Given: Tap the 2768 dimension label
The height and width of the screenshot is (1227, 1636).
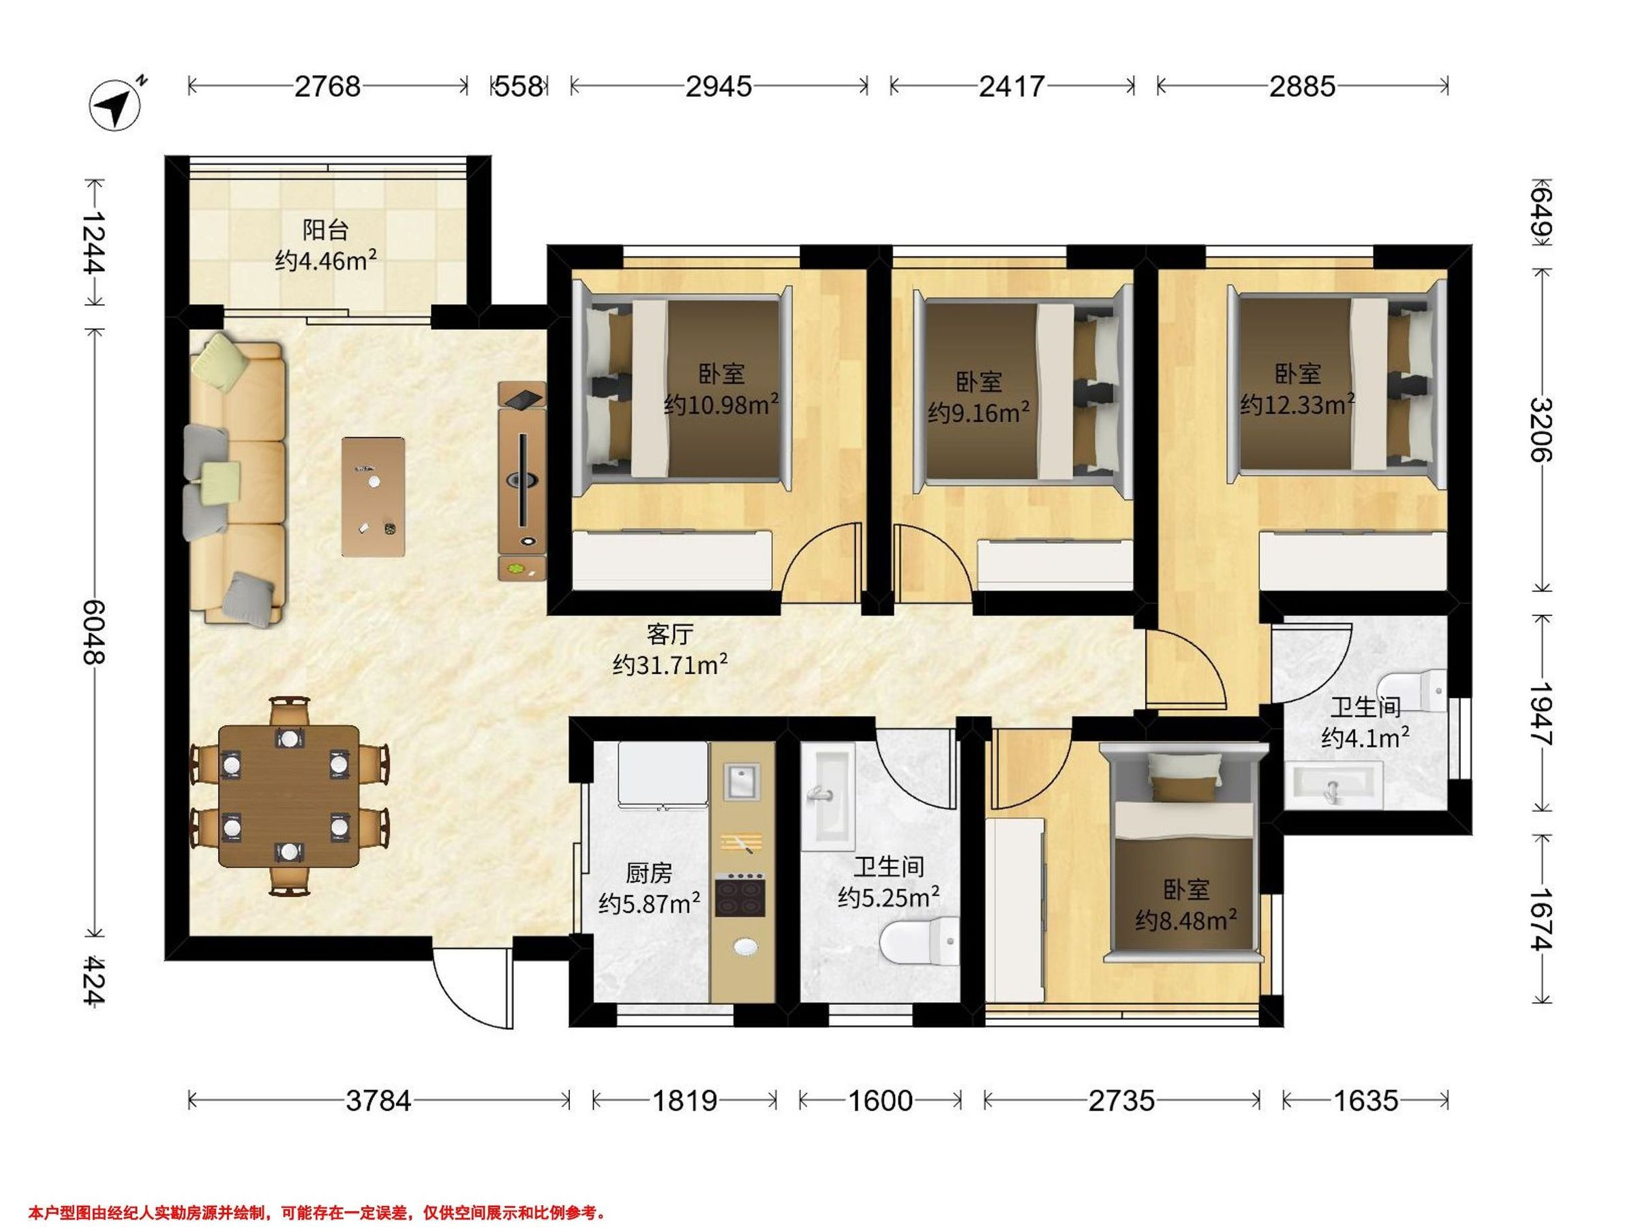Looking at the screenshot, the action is pos(328,87).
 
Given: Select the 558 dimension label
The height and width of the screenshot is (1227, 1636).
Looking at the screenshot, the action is pos(519,87).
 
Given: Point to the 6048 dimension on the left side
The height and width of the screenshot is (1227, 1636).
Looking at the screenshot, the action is pos(94,632).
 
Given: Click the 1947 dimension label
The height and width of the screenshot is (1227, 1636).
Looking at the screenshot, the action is pos(1541,714).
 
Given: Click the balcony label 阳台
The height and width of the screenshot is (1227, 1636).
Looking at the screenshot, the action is pos(325,230).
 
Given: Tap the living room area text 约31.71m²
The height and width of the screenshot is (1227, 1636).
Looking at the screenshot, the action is pos(670,665).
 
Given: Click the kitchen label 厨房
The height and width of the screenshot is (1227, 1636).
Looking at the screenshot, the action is pos(649,873).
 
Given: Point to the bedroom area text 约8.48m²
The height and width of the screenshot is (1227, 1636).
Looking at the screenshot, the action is pos(1186,920).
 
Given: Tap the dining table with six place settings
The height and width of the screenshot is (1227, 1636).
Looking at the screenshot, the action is pos(289,796).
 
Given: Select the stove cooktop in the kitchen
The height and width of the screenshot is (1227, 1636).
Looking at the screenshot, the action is pos(740,895).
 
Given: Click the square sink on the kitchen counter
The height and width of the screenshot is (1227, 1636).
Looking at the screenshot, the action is pos(741,782).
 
